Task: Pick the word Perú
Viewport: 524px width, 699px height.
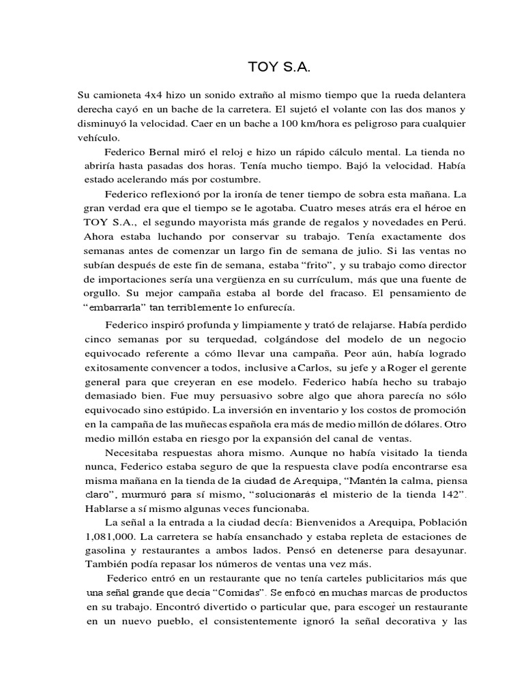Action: tap(453, 223)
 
